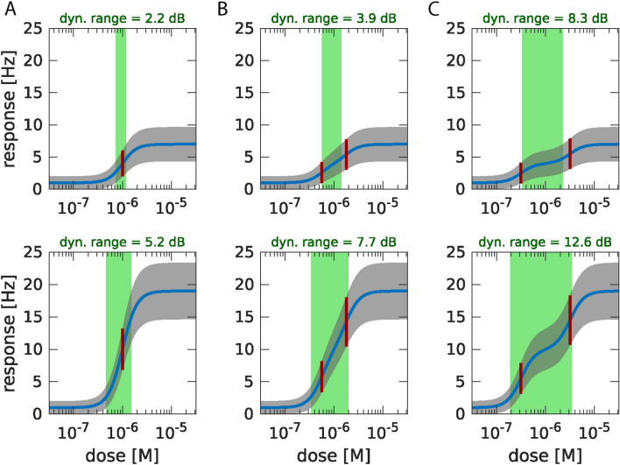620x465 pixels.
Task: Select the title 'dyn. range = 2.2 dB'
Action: [122, 15]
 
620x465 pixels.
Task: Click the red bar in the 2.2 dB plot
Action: [123, 164]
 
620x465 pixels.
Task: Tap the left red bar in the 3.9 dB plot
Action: [321, 172]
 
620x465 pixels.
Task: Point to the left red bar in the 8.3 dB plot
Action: [521, 173]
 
